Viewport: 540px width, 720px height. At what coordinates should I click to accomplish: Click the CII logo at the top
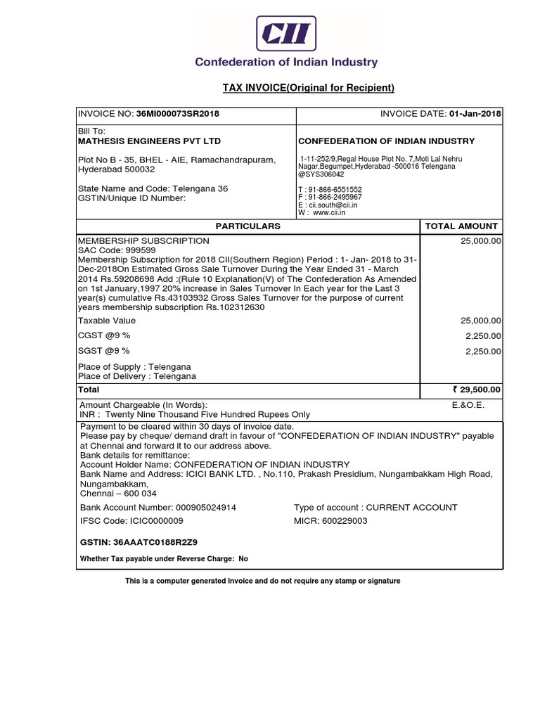[286, 32]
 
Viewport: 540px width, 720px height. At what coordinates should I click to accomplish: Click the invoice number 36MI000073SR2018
[182, 114]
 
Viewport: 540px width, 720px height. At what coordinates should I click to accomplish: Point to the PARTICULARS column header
[247, 226]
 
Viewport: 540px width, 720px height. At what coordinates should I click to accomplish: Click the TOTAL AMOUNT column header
[462, 226]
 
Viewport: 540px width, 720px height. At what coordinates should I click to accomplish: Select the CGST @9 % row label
[104, 335]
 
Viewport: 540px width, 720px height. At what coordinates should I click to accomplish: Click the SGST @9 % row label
[104, 351]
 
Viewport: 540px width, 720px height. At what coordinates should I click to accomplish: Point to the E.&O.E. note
[468, 405]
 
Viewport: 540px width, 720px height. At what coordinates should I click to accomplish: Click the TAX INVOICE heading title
[309, 88]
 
